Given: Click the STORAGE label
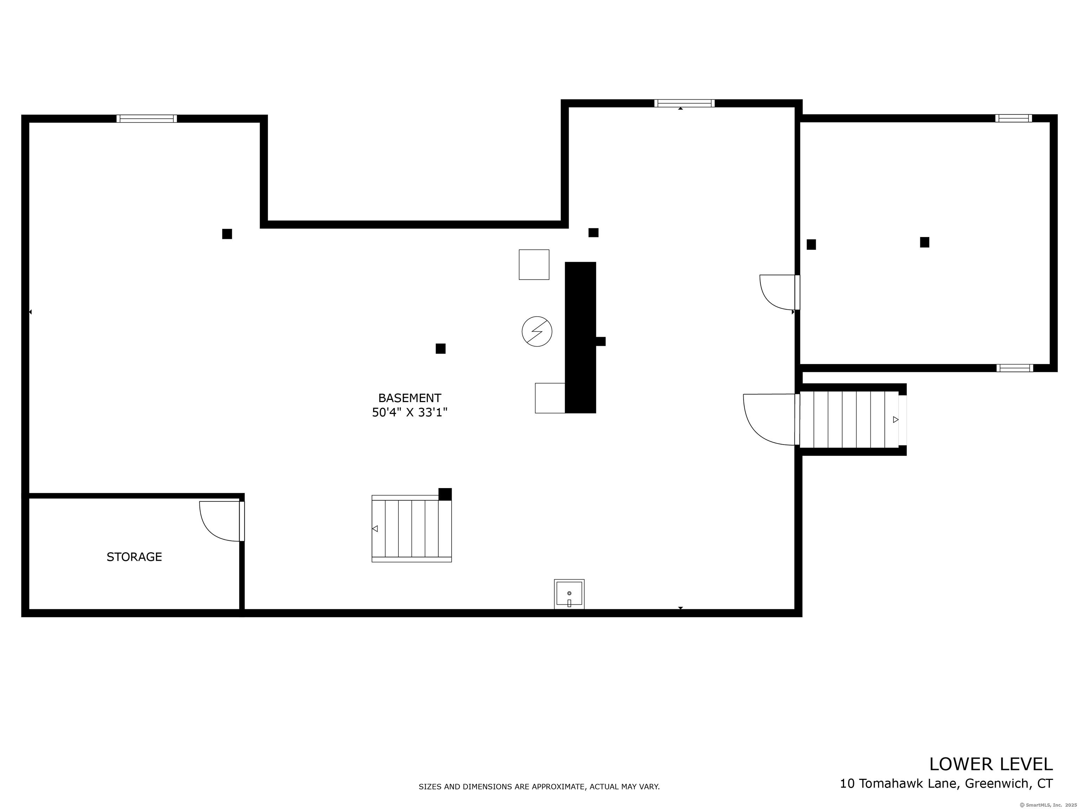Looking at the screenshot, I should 134,557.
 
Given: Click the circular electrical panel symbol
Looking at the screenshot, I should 537,331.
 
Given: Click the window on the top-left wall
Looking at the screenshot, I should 146,118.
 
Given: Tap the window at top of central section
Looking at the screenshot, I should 684,103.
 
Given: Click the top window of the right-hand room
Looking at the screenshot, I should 1013,118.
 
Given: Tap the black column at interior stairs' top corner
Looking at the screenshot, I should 445,494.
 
